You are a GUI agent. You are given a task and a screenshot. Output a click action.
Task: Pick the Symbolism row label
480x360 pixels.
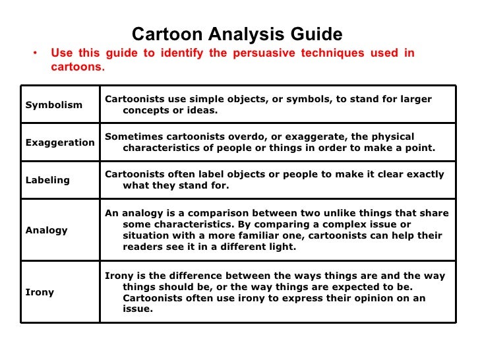tap(54, 105)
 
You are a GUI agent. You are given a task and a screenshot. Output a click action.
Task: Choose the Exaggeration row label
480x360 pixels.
tap(60, 142)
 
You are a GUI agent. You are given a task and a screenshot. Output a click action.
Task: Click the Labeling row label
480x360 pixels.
tap(47, 180)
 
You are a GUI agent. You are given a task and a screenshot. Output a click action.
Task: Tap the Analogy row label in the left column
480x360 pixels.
tap(47, 230)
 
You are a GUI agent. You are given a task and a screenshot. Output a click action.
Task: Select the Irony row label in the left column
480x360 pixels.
tap(40, 292)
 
